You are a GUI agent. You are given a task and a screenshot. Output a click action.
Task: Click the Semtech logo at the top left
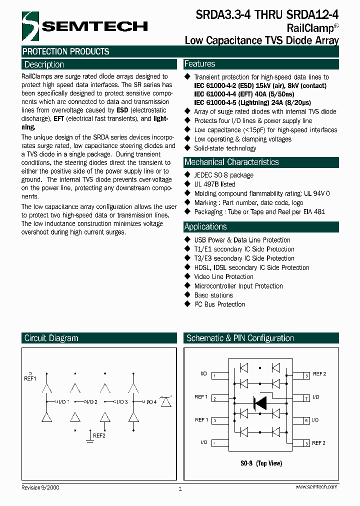click(x=85, y=26)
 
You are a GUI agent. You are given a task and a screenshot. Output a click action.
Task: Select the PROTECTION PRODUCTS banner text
click(x=66, y=51)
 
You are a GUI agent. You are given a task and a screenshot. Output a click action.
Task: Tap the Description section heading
click(x=44, y=64)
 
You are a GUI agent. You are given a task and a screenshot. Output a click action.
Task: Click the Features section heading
click(x=199, y=64)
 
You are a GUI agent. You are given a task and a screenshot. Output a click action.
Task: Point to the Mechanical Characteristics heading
click(x=231, y=162)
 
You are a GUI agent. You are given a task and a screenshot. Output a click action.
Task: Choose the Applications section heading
click(x=205, y=226)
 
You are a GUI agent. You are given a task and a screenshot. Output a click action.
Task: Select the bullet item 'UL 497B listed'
click(x=214, y=184)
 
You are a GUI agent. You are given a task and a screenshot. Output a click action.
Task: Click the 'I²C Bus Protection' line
click(x=219, y=304)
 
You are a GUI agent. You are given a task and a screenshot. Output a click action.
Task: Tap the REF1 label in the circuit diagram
click(x=30, y=379)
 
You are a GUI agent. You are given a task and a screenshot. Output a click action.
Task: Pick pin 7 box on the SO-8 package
click(x=305, y=398)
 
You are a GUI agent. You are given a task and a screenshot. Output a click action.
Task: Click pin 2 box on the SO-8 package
click(x=213, y=398)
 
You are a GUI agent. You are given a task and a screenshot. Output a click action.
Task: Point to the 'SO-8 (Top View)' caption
click(x=261, y=463)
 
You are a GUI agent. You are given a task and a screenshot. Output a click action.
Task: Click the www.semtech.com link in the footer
click(x=316, y=486)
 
